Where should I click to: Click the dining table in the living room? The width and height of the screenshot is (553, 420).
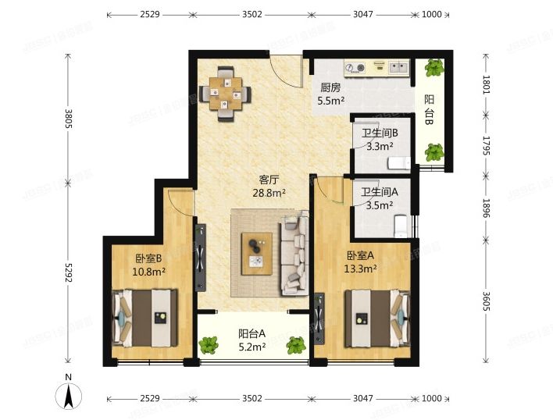pyautogui.click(x=226, y=94)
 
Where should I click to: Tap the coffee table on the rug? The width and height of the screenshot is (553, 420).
pyautogui.click(x=257, y=254)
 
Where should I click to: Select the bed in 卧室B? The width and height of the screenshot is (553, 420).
pyautogui.click(x=145, y=319)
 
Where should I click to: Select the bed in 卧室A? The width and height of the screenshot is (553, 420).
pyautogui.click(x=377, y=319)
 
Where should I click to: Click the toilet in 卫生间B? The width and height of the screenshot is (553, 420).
pyautogui.click(x=399, y=163)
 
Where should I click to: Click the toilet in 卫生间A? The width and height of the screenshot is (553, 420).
pyautogui.click(x=401, y=226)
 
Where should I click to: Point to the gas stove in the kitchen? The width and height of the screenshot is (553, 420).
pyautogui.click(x=355, y=67)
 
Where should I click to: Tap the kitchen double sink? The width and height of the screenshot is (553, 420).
pyautogui.click(x=399, y=66)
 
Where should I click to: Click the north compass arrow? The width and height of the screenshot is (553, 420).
pyautogui.click(x=69, y=396)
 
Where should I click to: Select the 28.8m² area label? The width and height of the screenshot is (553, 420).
pyautogui.click(x=269, y=193)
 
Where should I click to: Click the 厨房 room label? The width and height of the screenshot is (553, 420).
pyautogui.click(x=330, y=87)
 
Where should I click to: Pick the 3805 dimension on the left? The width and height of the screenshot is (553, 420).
pyautogui.click(x=69, y=119)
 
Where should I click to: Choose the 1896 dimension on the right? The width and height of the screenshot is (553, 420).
pyautogui.click(x=486, y=208)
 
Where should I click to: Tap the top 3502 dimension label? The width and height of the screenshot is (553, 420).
pyautogui.click(x=252, y=15)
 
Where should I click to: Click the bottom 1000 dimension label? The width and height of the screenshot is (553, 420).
pyautogui.click(x=432, y=398)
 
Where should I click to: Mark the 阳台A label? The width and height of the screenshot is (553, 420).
pyautogui.click(x=252, y=333)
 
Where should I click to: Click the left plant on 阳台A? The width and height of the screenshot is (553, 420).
pyautogui.click(x=208, y=345)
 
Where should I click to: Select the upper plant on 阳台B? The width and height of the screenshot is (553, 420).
pyautogui.click(x=434, y=68)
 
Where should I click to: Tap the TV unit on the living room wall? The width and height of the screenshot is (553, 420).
pyautogui.click(x=200, y=257)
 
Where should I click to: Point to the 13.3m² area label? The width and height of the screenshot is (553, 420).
pyautogui.click(x=360, y=269)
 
